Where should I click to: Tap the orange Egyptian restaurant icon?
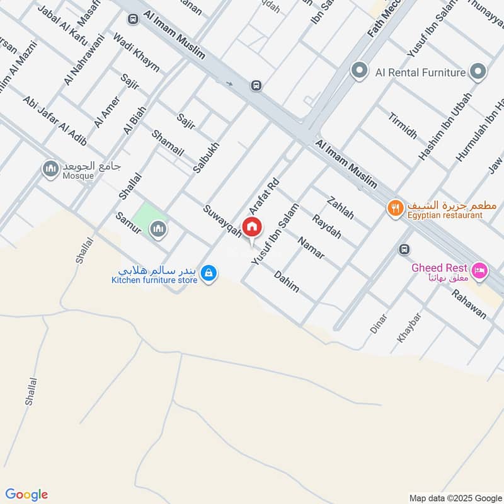tap(395, 208)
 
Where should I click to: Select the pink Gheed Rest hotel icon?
tap(479, 270)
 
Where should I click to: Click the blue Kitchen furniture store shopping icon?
tap(210, 273)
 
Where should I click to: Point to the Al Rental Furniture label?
tap(420, 72)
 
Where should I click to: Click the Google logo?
tap(27, 495)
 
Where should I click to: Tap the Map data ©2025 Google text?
tap(453, 497)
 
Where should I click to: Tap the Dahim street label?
tap(287, 281)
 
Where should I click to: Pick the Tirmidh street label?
tap(403, 126)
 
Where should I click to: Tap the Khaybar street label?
tap(408, 328)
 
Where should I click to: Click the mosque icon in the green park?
tap(157, 229)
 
